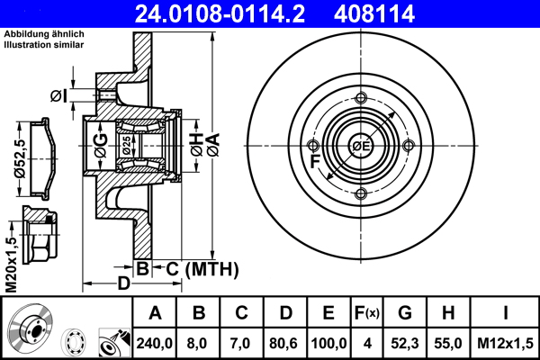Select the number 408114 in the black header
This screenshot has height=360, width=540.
400,13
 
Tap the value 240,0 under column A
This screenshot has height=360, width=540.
155,343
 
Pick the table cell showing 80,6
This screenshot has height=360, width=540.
285,343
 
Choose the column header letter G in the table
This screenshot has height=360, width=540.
404,313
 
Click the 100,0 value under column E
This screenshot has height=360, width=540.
328,343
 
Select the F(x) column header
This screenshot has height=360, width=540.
367,313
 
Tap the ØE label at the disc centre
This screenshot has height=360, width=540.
361,146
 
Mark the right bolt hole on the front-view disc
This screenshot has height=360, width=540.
409,146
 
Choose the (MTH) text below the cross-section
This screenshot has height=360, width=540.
211,268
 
